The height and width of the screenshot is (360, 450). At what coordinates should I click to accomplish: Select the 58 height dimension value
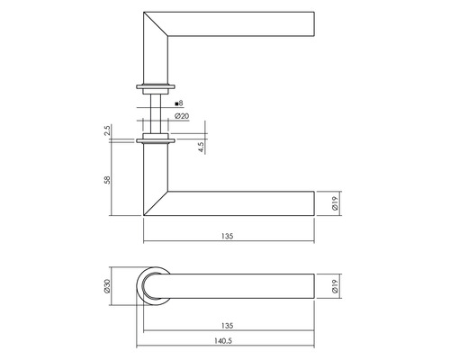[107, 179]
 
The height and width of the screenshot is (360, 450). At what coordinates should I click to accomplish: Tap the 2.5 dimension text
[107, 132]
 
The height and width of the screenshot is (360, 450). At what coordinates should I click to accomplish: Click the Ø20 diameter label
[180, 116]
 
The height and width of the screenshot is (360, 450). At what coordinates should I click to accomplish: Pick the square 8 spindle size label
[180, 104]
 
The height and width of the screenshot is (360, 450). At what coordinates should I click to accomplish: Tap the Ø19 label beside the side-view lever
[334, 204]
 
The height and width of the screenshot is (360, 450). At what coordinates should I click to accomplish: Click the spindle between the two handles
[156, 114]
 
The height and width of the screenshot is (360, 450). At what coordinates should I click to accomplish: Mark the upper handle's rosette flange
[156, 87]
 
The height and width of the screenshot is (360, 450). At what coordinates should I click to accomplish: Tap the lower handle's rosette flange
[156, 140]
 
